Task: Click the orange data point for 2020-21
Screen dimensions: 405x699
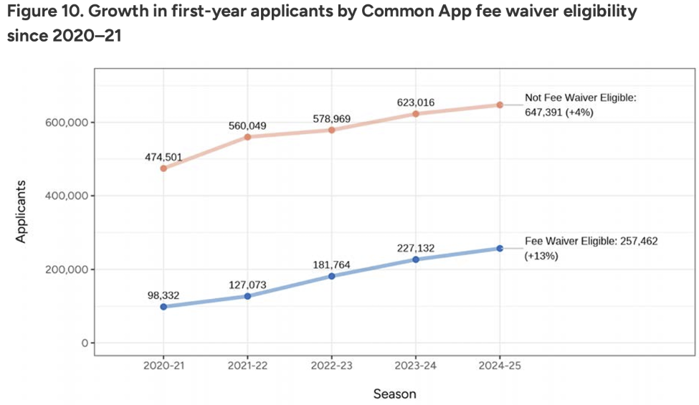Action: tap(163, 168)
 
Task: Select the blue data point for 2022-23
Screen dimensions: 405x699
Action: tap(332, 276)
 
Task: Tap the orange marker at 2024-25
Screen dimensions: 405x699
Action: tap(500, 105)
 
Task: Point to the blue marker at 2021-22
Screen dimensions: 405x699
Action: tap(247, 296)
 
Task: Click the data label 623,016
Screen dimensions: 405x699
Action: tap(416, 103)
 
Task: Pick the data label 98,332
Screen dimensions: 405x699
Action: tap(163, 295)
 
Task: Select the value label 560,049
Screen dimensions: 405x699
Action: tap(247, 126)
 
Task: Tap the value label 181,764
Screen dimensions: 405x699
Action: tap(332, 265)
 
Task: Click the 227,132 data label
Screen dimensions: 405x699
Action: tap(416, 249)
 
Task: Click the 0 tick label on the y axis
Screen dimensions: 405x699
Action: tap(83, 343)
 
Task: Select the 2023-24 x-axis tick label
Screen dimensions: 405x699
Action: tap(416, 365)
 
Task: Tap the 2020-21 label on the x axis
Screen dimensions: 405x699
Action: tap(163, 365)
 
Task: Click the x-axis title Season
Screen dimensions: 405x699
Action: tap(394, 394)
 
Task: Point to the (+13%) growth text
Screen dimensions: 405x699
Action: tap(543, 256)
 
